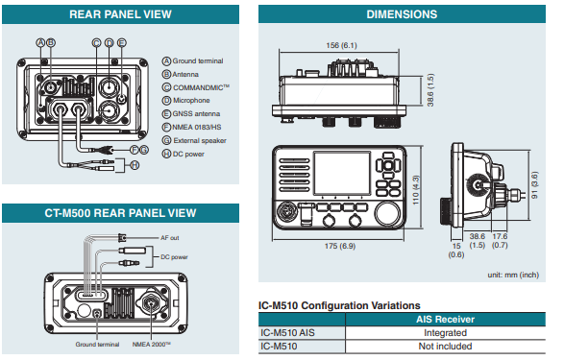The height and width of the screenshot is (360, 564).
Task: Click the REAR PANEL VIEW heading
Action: coord(120,14)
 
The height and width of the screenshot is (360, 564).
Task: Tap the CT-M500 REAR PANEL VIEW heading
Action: coord(120,213)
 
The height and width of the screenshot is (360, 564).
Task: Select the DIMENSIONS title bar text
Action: coord(402,14)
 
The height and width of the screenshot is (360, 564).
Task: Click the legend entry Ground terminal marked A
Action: coord(193,61)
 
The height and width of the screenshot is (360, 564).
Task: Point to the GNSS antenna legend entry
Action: coord(191,114)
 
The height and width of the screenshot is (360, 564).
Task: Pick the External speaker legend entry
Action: coord(194,140)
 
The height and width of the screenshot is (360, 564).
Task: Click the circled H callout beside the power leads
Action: coord(135,165)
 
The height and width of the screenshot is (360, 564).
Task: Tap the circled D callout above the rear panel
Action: coord(109,43)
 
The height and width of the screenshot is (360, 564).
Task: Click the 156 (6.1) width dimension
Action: coord(341,45)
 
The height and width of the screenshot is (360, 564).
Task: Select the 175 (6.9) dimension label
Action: coord(340,246)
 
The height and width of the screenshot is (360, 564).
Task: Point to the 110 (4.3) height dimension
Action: coord(416,190)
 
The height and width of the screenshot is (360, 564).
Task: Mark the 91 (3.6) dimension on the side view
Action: coord(534,185)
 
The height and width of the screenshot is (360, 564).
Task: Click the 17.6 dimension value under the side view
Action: coord(500,236)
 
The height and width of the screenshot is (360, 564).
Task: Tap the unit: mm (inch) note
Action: coord(513,275)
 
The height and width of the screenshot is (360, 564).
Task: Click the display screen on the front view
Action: coord(342,173)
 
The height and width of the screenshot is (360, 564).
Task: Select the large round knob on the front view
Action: coord(388,213)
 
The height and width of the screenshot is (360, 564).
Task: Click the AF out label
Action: coord(170,238)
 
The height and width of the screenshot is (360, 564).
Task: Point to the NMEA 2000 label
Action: coord(152,345)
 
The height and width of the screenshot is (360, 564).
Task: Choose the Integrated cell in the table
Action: coord(445,333)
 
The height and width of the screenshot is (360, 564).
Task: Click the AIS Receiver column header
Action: coord(445,320)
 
